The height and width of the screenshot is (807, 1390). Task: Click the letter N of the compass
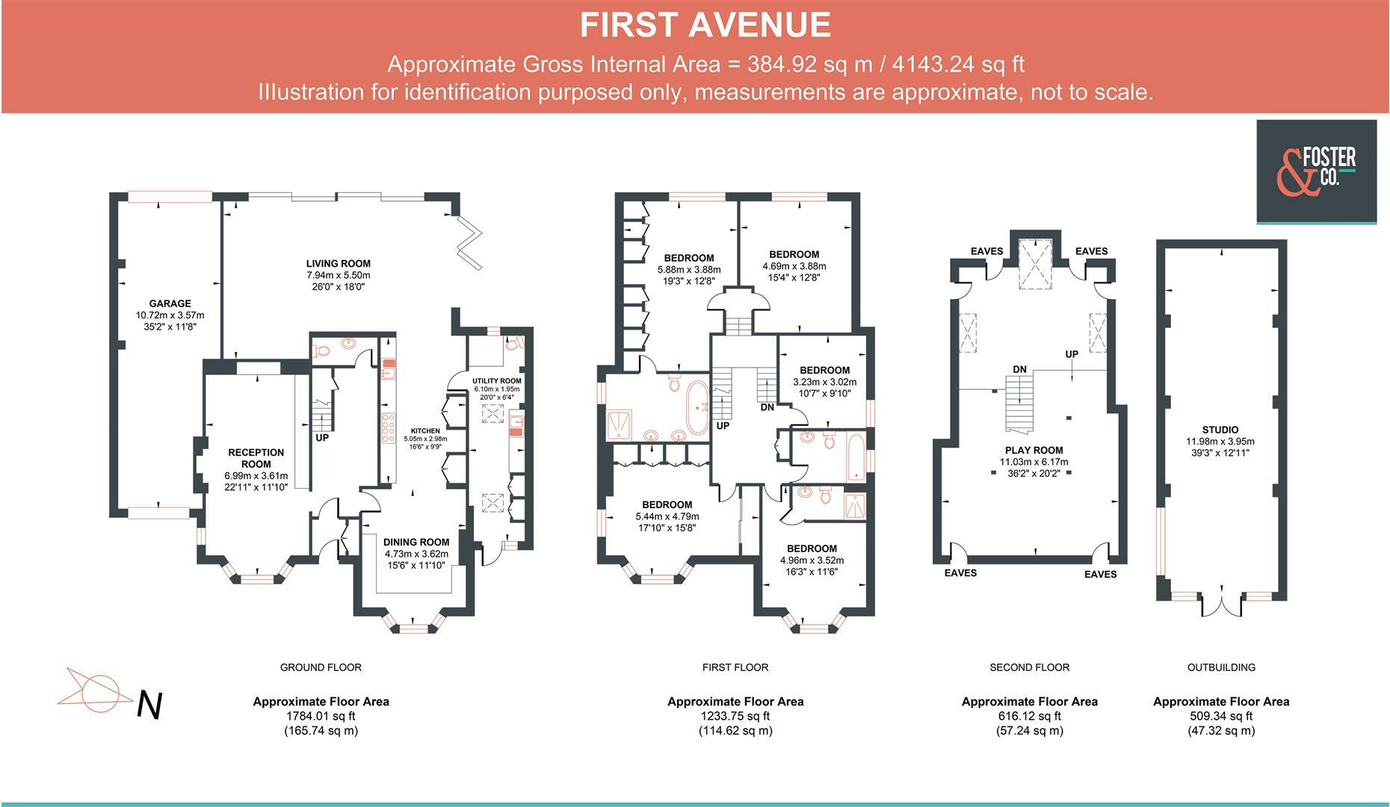click(149, 705)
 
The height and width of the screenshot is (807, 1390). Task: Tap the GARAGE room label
click(170, 303)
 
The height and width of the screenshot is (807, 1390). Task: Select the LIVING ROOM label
click(338, 263)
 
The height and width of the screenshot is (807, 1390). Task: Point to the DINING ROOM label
click(416, 542)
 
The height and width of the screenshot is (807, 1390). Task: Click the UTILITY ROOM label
click(497, 381)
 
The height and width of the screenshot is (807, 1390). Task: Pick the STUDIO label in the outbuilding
click(1220, 430)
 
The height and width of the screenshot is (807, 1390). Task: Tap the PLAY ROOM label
click(1034, 450)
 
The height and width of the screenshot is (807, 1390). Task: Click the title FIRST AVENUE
click(705, 25)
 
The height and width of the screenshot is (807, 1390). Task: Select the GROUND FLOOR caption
click(321, 667)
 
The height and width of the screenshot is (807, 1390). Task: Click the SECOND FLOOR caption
click(1029, 667)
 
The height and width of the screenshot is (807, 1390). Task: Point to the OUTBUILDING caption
click(1221, 667)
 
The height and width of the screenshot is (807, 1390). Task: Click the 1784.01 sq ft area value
click(321, 716)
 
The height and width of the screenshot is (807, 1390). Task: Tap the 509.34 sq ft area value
click(1221, 716)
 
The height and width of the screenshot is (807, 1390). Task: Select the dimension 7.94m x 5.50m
click(338, 275)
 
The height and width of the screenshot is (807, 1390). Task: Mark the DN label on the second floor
click(1019, 369)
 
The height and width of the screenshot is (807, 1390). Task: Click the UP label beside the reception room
click(322, 438)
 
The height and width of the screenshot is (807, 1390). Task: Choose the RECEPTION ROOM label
click(256, 458)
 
